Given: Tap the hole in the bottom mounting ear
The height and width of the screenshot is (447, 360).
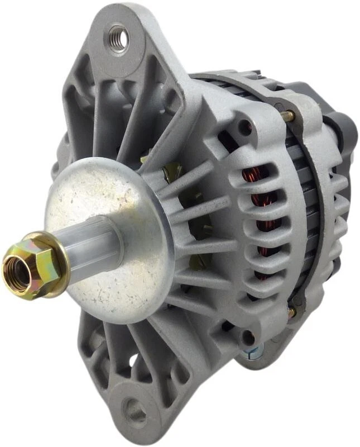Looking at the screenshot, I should coord(134,411).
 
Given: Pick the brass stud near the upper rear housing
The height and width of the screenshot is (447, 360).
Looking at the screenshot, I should coord(289,116).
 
